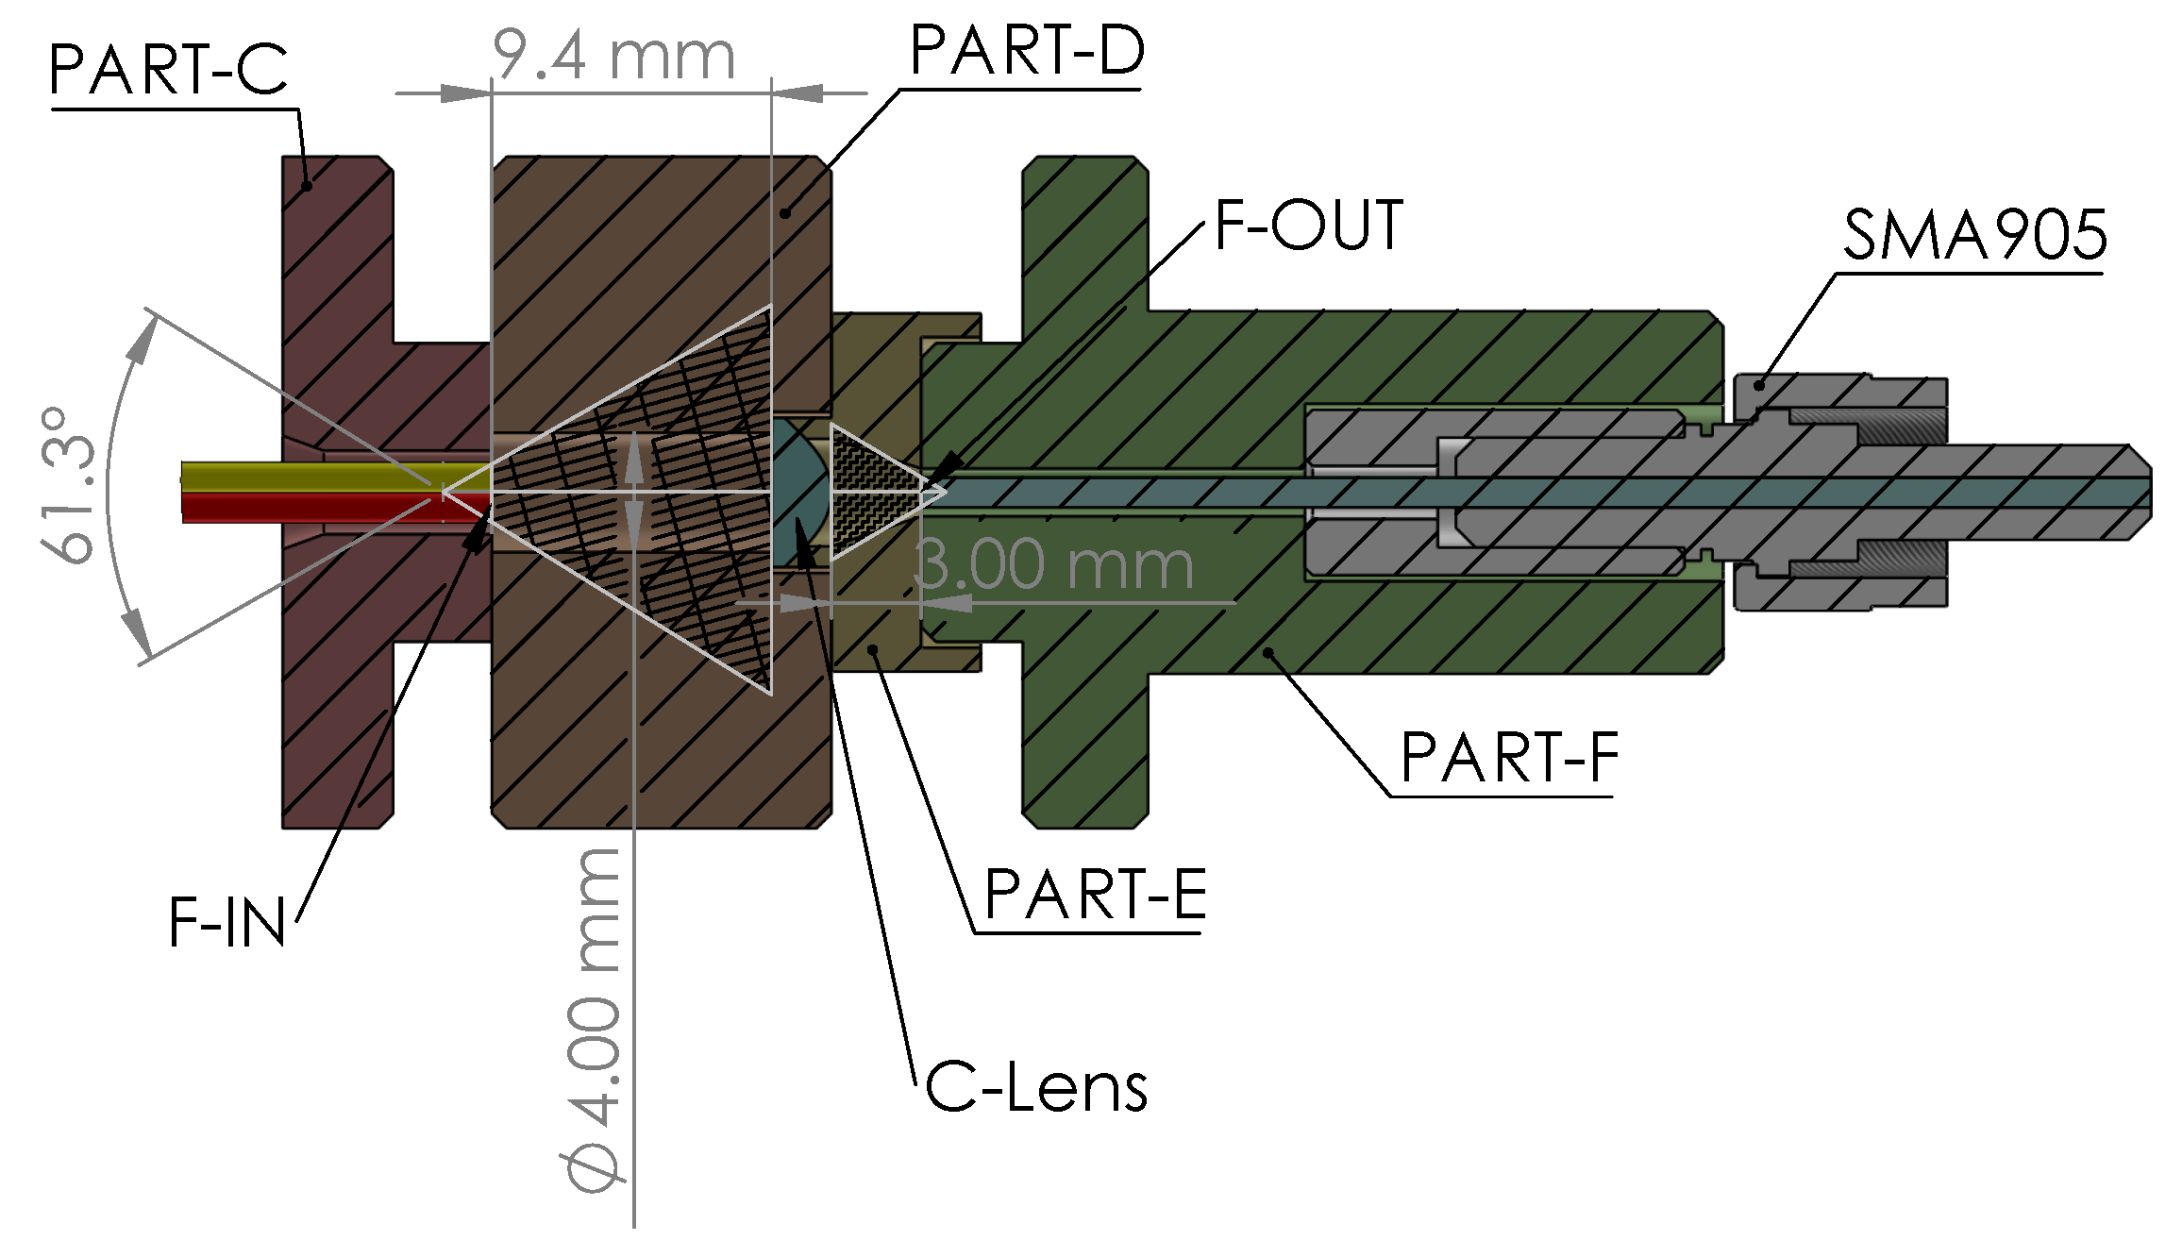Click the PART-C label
pos(168,70)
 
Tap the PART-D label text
pos(1027,51)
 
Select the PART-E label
pos(1095,895)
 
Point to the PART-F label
pos(1509,758)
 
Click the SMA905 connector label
pos(1974,235)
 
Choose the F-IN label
pos(227,923)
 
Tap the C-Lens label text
pos(1035,1088)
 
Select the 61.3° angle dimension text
pos(68,486)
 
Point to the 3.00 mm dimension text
pos(1054,565)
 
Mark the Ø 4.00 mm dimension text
pos(595,1019)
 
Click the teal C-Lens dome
pos(798,492)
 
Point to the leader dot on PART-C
pos(307,186)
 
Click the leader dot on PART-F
pos(1269,651)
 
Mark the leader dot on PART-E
pos(874,649)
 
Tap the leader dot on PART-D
pos(785,214)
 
